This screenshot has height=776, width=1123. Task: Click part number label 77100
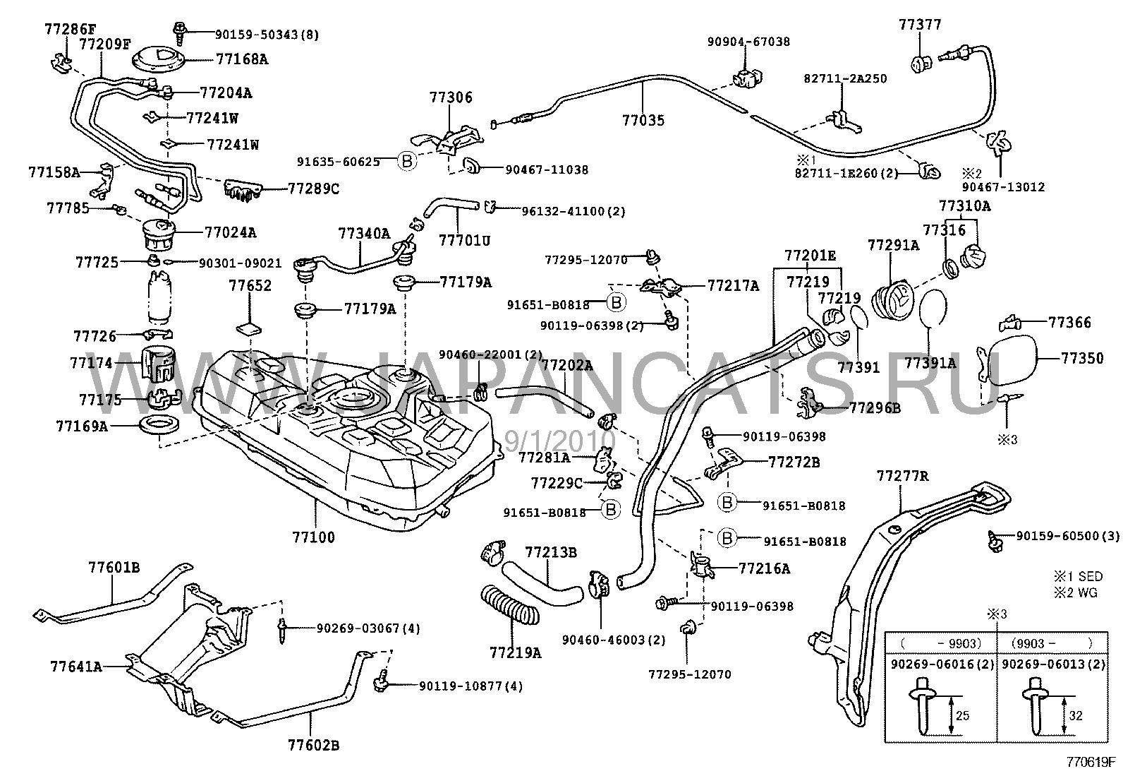[x=314, y=537]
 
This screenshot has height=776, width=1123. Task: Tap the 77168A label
[x=242, y=59]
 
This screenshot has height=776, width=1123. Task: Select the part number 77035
[x=643, y=121]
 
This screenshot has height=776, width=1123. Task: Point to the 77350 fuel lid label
[x=1082, y=359]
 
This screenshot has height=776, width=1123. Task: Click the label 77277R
[x=902, y=477]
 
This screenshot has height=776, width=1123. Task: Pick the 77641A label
[x=76, y=666]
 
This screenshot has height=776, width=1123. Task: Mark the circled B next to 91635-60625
[x=407, y=162]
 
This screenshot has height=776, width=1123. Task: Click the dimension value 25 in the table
[x=961, y=716]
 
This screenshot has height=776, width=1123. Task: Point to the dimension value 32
[x=1075, y=716]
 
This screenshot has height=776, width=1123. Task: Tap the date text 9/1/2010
[x=561, y=442]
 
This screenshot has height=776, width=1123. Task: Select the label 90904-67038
[x=748, y=42]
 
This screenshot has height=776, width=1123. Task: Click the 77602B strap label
[x=313, y=745]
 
